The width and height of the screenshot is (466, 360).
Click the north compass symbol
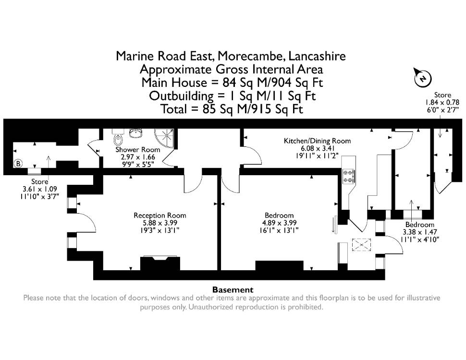(x=423, y=78)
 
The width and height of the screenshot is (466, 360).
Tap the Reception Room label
(x=160, y=216)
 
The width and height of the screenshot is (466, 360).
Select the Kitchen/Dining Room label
(x=318, y=141)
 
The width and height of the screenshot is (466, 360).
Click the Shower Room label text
(x=137, y=149)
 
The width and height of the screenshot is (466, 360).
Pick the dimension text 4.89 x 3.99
(x=279, y=223)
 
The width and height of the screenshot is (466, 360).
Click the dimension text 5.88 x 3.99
(x=160, y=223)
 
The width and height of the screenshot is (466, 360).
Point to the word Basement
(x=233, y=289)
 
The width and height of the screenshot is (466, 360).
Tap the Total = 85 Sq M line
(x=232, y=109)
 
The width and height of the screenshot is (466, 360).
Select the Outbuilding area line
(x=232, y=96)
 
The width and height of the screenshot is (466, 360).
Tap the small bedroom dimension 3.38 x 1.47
(x=419, y=232)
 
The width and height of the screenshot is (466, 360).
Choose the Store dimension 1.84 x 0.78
(x=442, y=102)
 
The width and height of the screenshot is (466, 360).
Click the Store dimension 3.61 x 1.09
(x=39, y=189)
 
